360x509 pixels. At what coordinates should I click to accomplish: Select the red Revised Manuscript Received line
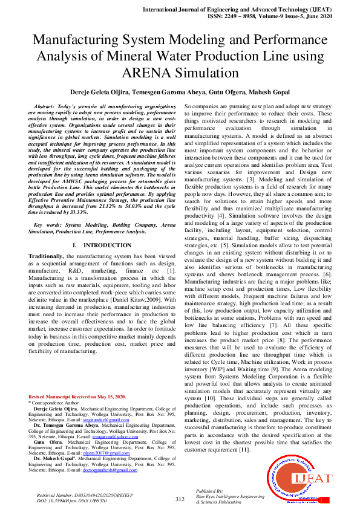pyautogui.click(x=77, y=397)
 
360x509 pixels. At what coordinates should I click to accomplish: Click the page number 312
pyautogui.click(x=180, y=499)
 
